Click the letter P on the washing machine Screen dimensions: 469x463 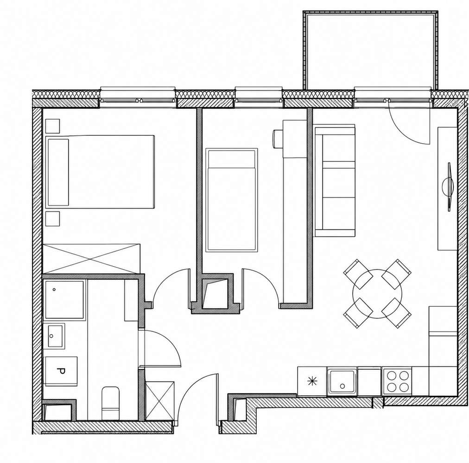click(61, 371)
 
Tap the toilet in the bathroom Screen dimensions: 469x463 click(110, 403)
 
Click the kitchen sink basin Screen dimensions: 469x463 click(342, 381)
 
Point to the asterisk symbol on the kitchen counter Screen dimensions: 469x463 click(312, 381)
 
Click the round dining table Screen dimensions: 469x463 click(377, 294)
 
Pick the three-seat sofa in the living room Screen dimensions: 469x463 click(335, 181)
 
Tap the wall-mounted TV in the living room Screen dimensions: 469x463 click(448, 187)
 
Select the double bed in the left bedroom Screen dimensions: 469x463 click(100, 171)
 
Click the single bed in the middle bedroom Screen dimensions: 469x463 click(232, 200)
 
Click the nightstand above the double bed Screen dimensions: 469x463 click(52, 126)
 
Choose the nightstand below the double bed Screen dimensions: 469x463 click(52, 219)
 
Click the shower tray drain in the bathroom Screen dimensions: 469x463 click(54, 290)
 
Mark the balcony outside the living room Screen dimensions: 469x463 click(371, 50)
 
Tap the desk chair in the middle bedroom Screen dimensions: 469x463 click(278, 139)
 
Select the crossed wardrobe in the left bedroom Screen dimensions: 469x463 click(91, 259)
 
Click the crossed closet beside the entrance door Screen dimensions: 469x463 click(159, 401)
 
